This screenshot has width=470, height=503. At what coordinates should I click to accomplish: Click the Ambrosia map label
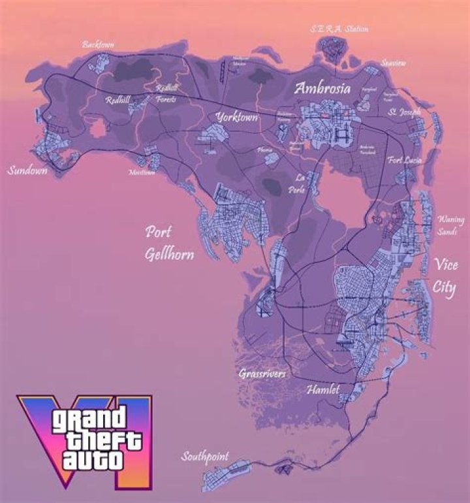click(x=322, y=88)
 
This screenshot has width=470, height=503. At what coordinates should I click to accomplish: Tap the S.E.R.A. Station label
click(x=339, y=29)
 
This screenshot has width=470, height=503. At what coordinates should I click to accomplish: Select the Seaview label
click(x=394, y=63)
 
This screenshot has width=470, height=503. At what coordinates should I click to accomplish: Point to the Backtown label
click(x=98, y=44)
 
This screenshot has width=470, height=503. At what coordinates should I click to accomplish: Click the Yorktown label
click(x=236, y=118)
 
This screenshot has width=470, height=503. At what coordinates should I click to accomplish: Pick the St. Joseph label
click(x=405, y=112)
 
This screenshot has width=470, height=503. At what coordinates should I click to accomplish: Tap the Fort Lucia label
click(x=405, y=160)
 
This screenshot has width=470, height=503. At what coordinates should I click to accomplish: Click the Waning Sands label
click(x=451, y=225)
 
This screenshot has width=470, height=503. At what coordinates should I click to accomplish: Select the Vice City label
click(x=445, y=276)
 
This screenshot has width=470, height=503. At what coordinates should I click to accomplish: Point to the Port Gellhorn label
click(x=169, y=243)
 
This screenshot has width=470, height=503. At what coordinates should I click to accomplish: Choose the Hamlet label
click(x=323, y=390)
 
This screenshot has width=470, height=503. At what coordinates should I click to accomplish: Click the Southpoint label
click(x=205, y=457)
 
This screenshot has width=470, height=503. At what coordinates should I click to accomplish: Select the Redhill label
click(x=117, y=101)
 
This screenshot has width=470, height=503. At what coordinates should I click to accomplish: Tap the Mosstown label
click(x=142, y=172)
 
